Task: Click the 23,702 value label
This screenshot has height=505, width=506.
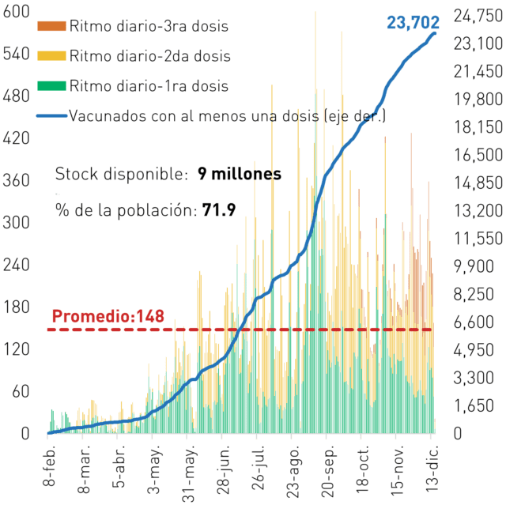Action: point(413,23)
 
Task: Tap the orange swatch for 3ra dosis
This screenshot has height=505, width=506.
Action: point(51,26)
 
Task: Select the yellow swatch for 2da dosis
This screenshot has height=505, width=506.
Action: point(51,56)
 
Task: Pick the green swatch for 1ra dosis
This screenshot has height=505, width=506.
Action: point(51,86)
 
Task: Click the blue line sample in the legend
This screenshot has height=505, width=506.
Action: point(51,115)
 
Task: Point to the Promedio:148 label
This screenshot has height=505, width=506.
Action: point(108,316)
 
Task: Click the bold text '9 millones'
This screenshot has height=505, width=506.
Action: point(240,174)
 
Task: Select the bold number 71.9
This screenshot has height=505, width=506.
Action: point(219,210)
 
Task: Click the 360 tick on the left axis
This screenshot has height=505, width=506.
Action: point(16,180)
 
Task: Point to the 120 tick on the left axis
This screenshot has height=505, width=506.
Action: point(16,349)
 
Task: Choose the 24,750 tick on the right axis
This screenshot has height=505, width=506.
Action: point(478,16)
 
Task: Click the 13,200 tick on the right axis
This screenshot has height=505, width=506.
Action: point(478,211)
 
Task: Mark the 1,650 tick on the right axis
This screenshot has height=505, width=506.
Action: point(474,405)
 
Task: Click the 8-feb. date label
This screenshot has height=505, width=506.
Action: point(49,465)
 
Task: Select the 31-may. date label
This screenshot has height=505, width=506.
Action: point(190,473)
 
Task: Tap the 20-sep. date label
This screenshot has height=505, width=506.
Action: point(329,472)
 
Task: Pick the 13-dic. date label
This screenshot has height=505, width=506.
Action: point(432,469)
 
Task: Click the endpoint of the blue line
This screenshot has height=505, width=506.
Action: point(435,33)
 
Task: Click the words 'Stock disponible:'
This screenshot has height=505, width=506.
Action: point(121,174)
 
